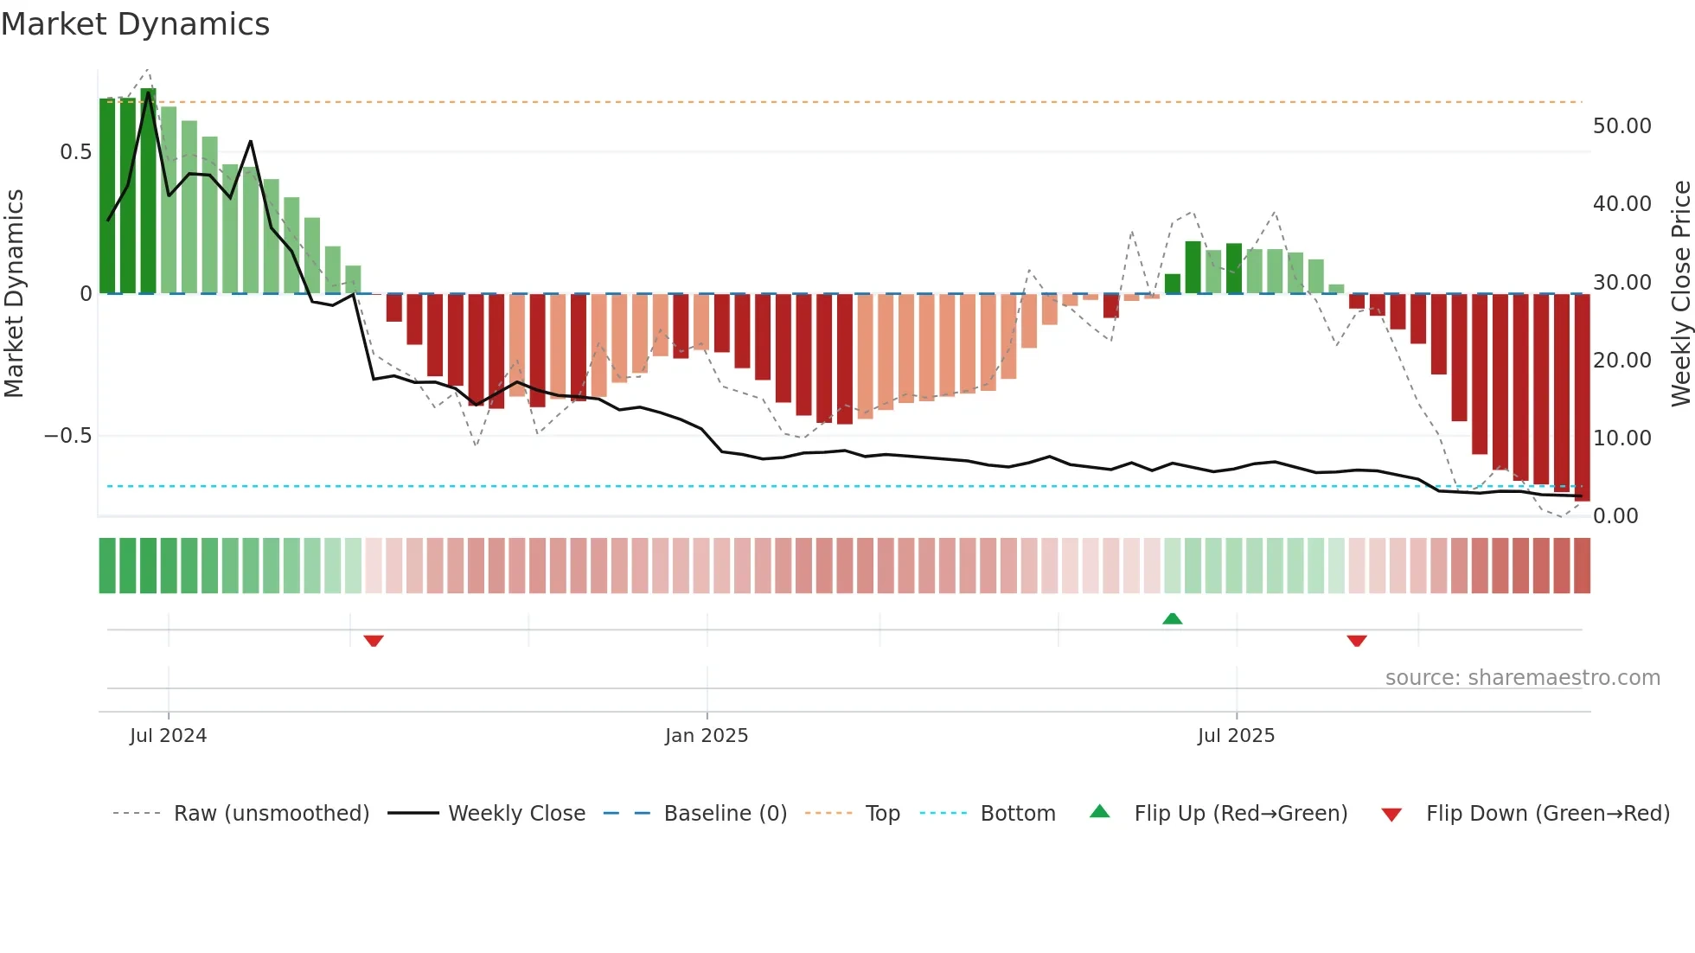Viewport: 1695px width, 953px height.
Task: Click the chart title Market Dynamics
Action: (135, 24)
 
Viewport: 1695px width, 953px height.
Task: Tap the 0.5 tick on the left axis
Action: (75, 152)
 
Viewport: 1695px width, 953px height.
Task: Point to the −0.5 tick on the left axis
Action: (67, 436)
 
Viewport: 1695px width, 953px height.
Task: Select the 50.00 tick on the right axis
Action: (1621, 126)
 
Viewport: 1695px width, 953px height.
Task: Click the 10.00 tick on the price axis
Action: (1621, 438)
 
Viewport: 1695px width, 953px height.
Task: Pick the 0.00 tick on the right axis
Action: (1615, 516)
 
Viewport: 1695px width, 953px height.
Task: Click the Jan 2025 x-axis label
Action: (706, 736)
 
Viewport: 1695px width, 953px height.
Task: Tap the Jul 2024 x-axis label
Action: (168, 736)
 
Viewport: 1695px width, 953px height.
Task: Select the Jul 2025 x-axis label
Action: (1236, 736)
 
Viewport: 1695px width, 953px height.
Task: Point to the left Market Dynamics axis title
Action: (14, 294)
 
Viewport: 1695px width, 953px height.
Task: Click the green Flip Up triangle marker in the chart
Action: (1172, 618)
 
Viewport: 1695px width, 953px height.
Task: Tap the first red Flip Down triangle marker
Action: (374, 641)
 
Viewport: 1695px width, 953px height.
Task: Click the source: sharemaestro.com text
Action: (1522, 678)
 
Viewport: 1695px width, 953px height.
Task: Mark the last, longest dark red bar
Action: (1582, 398)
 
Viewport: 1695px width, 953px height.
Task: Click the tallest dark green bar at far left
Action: (149, 190)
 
